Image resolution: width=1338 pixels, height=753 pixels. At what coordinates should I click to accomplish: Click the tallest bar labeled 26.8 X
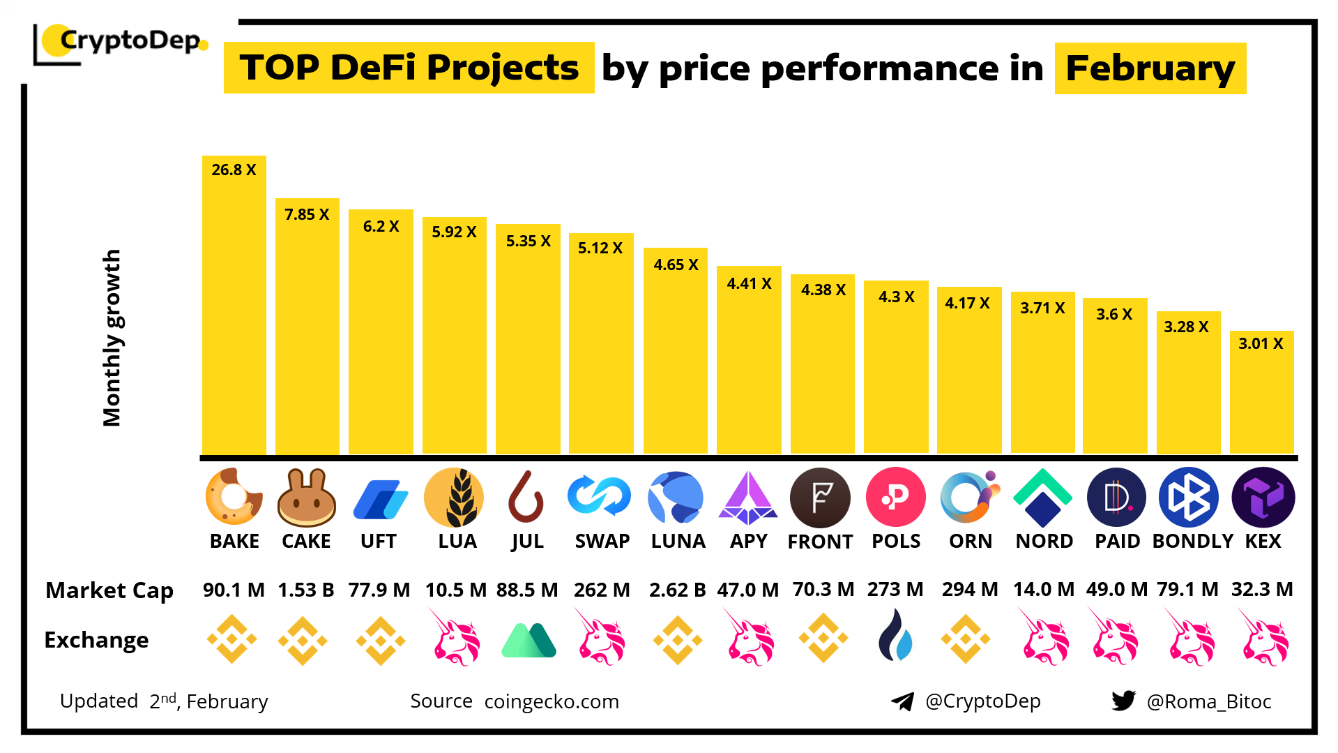234,307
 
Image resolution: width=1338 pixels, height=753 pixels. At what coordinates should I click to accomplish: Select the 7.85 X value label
307,215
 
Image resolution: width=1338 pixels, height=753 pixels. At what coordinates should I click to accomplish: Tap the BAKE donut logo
234,497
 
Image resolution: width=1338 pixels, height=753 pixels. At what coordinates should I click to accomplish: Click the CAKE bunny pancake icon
307,497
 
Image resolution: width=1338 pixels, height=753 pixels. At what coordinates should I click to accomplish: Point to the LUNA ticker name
678,542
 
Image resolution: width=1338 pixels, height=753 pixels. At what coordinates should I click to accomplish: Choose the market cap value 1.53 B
306,590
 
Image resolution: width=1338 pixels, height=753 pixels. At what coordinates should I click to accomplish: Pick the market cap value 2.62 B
677,590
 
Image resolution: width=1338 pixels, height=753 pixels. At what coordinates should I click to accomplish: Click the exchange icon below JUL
529,640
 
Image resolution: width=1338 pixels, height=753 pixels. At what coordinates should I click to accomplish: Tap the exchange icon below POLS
895,636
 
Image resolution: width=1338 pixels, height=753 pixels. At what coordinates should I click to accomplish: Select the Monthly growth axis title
112,338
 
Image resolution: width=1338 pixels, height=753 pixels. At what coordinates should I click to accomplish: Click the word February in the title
1150,68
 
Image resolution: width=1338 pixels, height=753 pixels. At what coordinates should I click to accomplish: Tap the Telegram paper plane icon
903,701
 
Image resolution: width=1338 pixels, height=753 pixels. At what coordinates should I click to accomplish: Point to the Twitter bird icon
1123,701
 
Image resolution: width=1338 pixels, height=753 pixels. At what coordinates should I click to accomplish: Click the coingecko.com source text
552,701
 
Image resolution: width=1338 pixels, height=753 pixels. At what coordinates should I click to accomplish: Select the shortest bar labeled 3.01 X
1261,394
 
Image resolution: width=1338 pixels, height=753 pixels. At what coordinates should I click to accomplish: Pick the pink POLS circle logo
895,497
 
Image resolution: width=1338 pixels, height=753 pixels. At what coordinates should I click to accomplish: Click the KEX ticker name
1263,542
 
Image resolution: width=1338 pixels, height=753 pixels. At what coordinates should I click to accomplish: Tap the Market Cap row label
109,590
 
